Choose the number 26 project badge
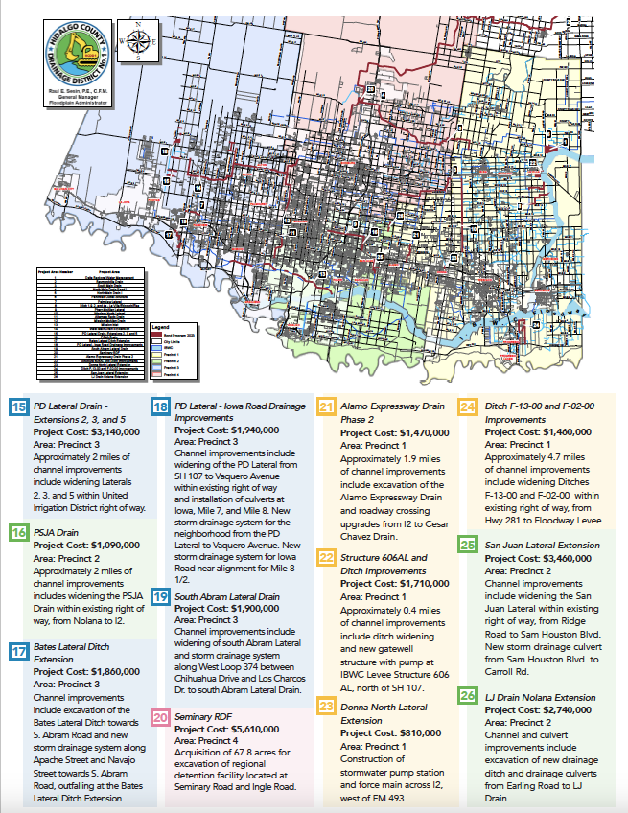click(x=468, y=695)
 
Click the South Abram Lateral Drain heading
click(x=227, y=596)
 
